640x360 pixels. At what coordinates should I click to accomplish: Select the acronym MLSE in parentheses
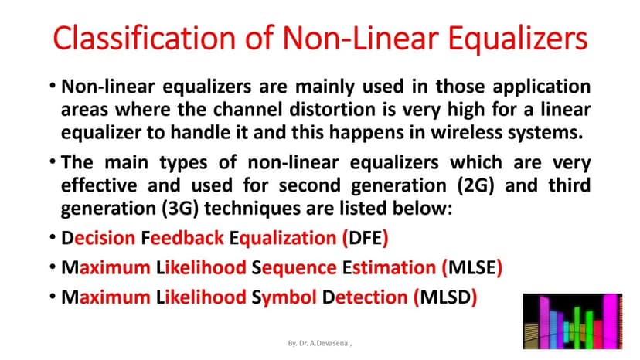coord(472,268)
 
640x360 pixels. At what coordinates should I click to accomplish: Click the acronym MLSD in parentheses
coord(446,297)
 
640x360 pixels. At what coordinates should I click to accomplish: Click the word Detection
coord(366,297)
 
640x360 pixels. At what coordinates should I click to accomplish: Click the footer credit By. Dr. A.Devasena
coord(320,341)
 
